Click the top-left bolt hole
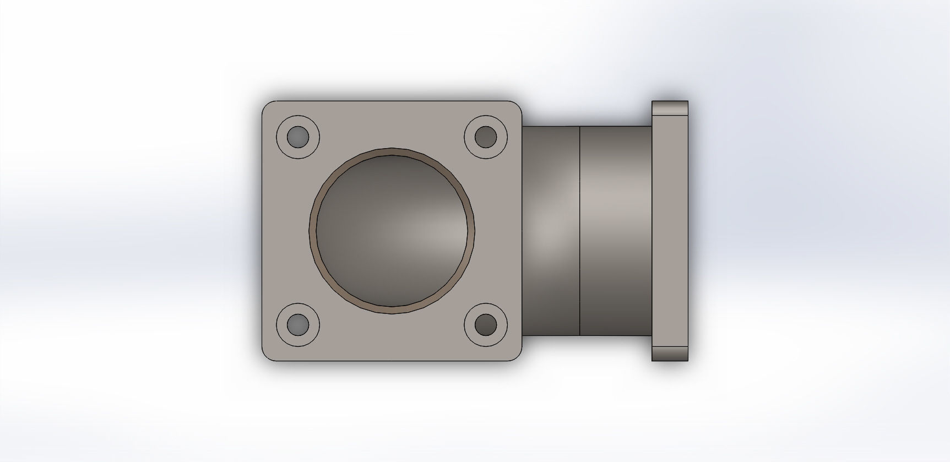pyautogui.click(x=298, y=137)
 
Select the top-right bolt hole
pyautogui.click(x=485, y=137)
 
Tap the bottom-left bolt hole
pyautogui.click(x=298, y=324)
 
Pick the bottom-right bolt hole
pyautogui.click(x=485, y=324)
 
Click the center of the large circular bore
pyautogui.click(x=392, y=231)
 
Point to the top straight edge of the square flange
pyautogui.click(x=392, y=101)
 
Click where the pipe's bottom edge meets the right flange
pyautogui.click(x=652, y=335)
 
